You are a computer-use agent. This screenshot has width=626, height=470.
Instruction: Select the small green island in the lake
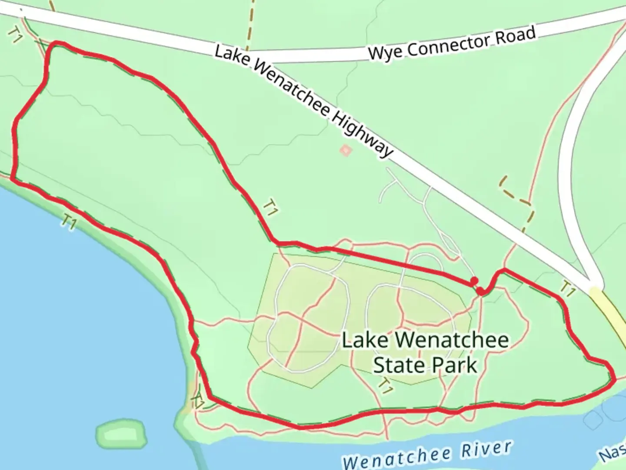120,434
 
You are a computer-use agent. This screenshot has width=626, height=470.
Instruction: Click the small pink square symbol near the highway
346,151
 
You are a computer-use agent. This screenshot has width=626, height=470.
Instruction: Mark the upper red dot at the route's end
474,281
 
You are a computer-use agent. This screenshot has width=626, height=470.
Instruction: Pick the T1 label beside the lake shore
69,222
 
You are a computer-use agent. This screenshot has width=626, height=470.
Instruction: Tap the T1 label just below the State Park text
385,385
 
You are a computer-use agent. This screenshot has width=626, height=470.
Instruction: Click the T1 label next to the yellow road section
567,289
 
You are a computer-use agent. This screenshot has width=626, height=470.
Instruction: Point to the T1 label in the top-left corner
16,36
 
